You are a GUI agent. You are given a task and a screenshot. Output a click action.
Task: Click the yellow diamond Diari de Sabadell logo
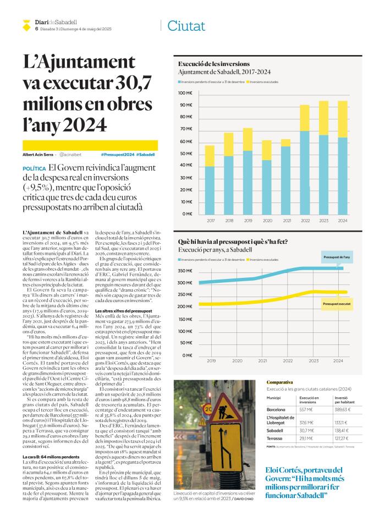point(26,25)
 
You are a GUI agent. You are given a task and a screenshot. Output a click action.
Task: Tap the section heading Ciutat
point(186,26)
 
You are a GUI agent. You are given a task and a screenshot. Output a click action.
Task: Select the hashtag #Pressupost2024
point(118,155)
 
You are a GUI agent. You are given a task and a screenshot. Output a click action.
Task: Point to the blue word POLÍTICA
point(34,169)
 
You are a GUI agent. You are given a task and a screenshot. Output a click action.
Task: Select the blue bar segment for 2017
point(210,190)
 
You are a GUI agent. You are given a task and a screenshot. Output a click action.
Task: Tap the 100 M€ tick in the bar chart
point(185,93)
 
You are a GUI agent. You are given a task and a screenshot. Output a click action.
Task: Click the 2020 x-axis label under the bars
point(267,221)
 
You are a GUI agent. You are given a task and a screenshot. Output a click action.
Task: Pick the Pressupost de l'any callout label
point(337,257)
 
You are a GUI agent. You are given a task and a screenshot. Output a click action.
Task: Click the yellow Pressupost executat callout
point(337,304)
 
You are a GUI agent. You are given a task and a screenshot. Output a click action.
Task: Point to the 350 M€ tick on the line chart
point(185,271)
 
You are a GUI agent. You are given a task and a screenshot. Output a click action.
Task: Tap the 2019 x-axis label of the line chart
point(211,361)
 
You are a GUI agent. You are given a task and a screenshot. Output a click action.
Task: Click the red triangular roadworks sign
point(221,408)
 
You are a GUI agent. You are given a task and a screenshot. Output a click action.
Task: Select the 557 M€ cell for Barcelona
point(306,409)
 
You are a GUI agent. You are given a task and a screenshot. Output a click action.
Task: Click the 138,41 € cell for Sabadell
point(343,430)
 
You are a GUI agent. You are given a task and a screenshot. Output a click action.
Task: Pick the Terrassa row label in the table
point(274,439)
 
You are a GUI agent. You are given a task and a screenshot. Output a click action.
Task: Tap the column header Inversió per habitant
point(344,400)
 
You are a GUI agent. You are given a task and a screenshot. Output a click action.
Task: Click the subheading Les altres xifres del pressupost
point(124,311)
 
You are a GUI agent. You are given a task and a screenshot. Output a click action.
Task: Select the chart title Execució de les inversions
point(214,64)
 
